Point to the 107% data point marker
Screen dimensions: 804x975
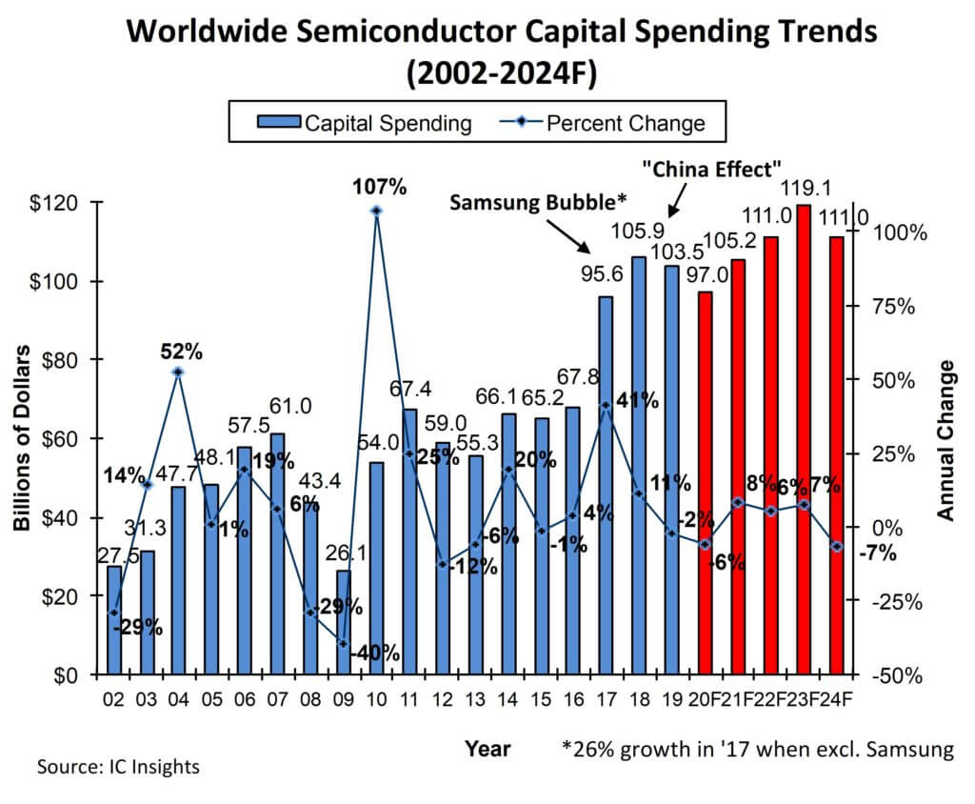click(x=376, y=211)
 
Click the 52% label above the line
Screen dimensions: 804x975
click(x=180, y=351)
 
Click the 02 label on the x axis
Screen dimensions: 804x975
click(x=114, y=698)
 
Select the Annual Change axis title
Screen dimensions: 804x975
click(x=945, y=439)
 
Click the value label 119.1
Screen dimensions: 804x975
click(x=804, y=189)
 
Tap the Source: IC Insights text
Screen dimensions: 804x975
click(x=118, y=766)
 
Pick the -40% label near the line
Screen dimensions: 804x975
click(x=374, y=654)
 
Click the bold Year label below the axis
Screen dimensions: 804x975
click(x=487, y=749)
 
